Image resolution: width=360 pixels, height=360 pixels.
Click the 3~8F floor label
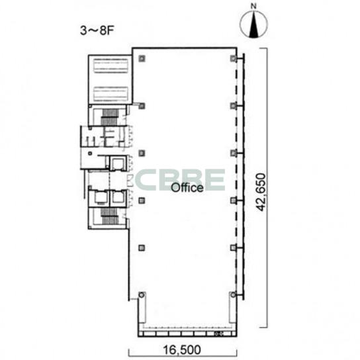[97, 30]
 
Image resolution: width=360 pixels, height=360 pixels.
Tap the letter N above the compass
[253, 6]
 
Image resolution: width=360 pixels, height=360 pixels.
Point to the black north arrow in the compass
[253, 24]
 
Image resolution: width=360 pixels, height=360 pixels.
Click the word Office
[187, 187]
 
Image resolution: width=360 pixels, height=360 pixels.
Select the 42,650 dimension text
[261, 192]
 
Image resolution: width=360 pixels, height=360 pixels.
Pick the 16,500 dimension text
[181, 350]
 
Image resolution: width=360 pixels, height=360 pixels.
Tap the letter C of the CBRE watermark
[146, 179]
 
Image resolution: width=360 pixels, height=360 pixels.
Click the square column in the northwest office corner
[142, 58]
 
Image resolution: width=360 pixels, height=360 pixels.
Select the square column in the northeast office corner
[233, 58]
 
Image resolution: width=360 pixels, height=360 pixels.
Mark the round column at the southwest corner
[142, 294]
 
